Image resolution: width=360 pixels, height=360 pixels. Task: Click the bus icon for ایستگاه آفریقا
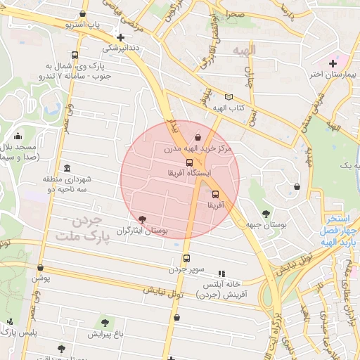pyautogui.click(x=188, y=162)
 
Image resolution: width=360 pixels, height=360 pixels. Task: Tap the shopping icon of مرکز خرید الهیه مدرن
pyautogui.click(x=198, y=137)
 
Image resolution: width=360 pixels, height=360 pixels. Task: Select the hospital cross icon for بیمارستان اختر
pyautogui.click(x=333, y=64)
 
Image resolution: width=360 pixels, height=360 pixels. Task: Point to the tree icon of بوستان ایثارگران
pyautogui.click(x=143, y=219)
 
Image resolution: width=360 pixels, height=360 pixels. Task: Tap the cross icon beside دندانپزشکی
pyautogui.click(x=121, y=38)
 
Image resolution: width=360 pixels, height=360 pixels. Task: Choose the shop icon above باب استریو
pyautogui.click(x=84, y=13)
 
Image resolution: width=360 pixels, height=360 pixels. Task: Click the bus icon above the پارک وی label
pyautogui.click(x=75, y=56)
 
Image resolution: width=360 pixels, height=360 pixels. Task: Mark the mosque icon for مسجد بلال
pyautogui.click(x=18, y=136)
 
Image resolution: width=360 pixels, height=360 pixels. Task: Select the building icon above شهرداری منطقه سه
pyautogui.click(x=67, y=168)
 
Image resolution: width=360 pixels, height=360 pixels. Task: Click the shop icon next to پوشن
pyautogui.click(x=41, y=268)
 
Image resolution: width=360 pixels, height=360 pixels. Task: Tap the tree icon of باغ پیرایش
pyautogui.click(x=105, y=323)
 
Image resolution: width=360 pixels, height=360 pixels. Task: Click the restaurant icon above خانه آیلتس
pyautogui.click(x=222, y=274)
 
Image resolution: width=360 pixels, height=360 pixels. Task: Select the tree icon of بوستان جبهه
pyautogui.click(x=266, y=213)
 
